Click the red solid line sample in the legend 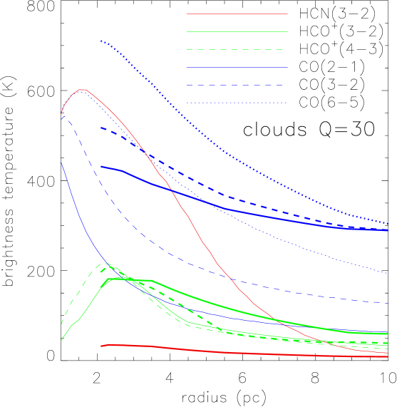tap(237, 14)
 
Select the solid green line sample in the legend tap(237, 31)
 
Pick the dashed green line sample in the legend tap(237, 49)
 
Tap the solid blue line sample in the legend tap(237, 67)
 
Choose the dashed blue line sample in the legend tap(237, 85)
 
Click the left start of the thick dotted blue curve tap(101, 41)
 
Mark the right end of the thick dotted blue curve tap(388, 223)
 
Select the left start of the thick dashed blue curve tap(101, 128)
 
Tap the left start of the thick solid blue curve tap(101, 166)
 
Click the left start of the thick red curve tap(101, 346)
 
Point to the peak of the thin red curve tap(83, 90)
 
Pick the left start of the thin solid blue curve tap(61, 163)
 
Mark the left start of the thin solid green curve tap(61, 340)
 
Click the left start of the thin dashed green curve tap(61, 325)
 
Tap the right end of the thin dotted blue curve tap(388, 273)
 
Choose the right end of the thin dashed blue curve tap(388, 304)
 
